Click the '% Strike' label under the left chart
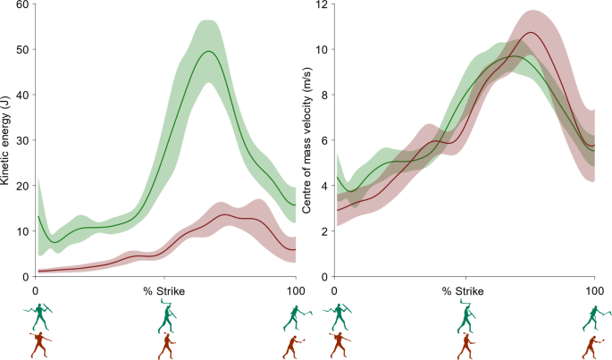coord(165,291)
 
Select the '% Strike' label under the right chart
coord(465,291)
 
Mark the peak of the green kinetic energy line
coord(209,51)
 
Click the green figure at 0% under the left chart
coord(38,317)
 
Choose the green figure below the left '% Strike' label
coord(165,315)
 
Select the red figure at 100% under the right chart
coord(593,345)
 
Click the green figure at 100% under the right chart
coord(593,317)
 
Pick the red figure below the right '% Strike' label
coord(465,345)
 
